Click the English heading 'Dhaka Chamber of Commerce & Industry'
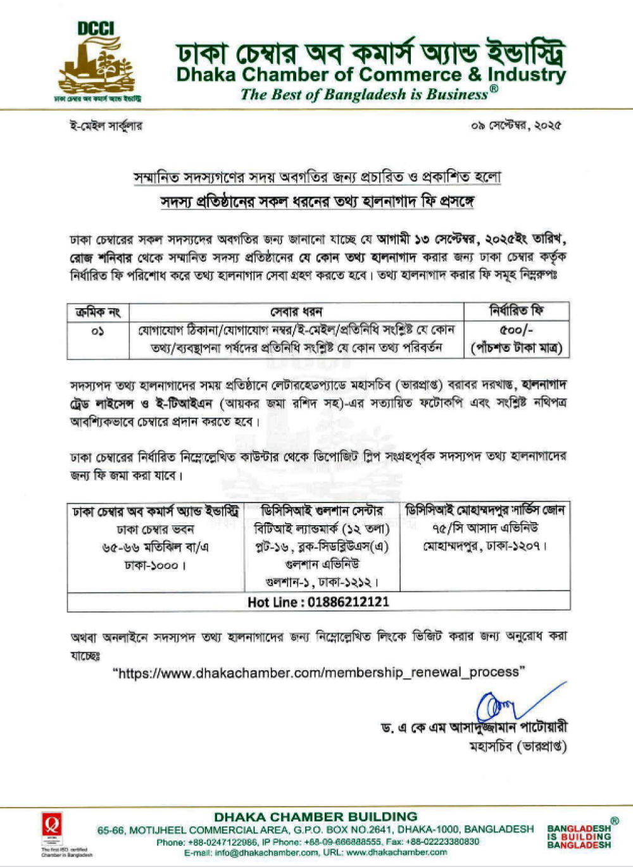pos(371,75)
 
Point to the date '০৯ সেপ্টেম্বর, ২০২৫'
pos(516,125)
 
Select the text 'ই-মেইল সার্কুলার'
pos(106,125)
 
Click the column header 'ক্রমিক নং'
pos(98,312)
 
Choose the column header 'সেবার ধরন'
pos(296,312)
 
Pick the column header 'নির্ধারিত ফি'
pos(517,311)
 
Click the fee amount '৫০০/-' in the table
pos(517,330)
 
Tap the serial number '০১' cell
pos(98,331)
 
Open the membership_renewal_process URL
pos(319,672)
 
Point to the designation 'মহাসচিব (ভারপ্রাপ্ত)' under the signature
pos(518,747)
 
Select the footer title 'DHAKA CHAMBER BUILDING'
pos(316,816)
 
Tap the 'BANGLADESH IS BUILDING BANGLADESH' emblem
pos(580,836)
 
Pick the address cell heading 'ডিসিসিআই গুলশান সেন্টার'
pos(322,511)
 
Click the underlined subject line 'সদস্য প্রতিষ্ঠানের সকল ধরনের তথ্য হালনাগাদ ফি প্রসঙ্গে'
pos(317,202)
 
